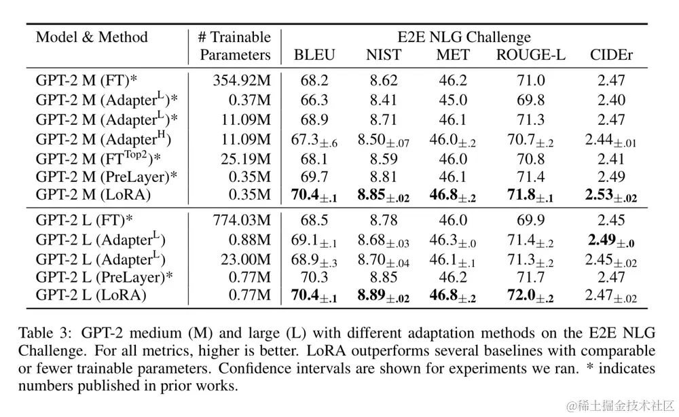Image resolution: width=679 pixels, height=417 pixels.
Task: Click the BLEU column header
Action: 314,55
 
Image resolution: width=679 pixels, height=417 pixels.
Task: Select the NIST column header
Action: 384,55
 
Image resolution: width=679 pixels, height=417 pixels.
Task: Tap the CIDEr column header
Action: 611,55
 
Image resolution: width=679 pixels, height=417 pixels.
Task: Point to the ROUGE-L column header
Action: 530,55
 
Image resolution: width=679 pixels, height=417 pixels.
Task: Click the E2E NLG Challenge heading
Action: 464,37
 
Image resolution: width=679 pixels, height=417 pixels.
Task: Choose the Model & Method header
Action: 92,37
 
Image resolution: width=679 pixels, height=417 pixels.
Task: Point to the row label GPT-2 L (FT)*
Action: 84,219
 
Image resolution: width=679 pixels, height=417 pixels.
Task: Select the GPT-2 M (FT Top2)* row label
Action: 102,160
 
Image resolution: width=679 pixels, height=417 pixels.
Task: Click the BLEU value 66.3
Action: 314,101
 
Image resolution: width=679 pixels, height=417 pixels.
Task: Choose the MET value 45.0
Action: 453,101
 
